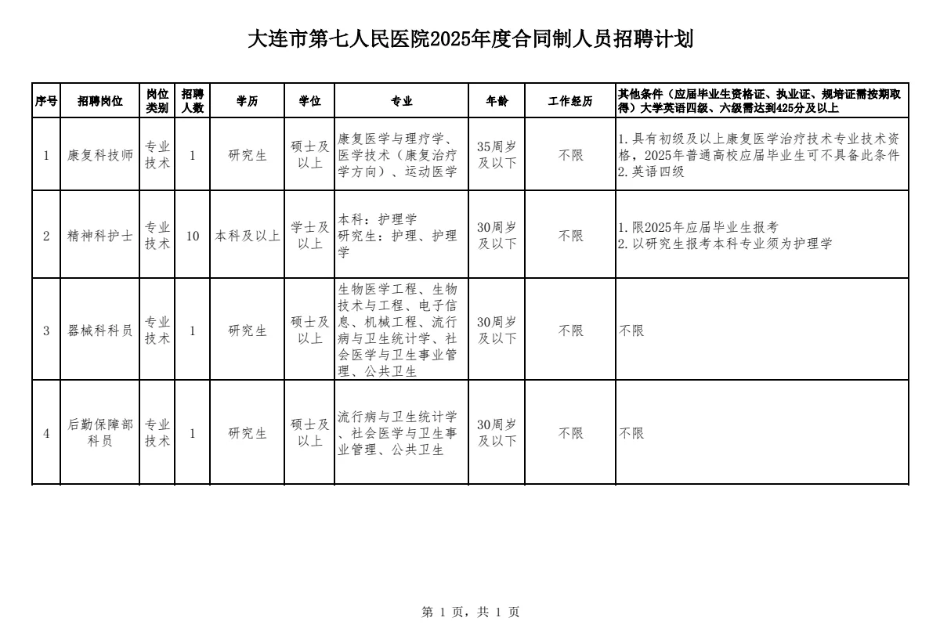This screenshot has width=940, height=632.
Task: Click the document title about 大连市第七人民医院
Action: click(x=470, y=39)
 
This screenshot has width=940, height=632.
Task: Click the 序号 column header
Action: click(x=46, y=101)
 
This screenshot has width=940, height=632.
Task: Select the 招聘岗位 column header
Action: click(x=100, y=101)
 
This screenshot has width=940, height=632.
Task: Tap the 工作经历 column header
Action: click(x=569, y=101)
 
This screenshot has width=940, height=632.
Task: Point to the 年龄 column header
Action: click(x=497, y=101)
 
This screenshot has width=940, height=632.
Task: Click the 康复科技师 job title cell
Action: click(x=100, y=155)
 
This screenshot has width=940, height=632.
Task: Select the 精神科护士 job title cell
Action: click(x=100, y=236)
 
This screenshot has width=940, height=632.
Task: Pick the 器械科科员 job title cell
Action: click(x=100, y=330)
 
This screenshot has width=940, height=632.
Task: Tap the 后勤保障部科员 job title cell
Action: click(x=100, y=433)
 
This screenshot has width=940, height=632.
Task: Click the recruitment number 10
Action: click(x=192, y=236)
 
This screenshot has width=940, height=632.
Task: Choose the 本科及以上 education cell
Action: click(x=248, y=236)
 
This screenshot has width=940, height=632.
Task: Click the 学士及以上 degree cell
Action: click(x=310, y=236)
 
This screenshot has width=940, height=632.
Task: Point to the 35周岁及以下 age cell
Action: click(x=497, y=155)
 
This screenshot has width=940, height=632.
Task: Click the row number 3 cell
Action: click(x=46, y=330)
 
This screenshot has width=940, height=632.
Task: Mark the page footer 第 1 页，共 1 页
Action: click(x=470, y=612)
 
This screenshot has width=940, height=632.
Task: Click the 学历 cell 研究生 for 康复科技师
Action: click(x=248, y=155)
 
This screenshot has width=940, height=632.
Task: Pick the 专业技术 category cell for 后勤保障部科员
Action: click(x=157, y=433)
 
